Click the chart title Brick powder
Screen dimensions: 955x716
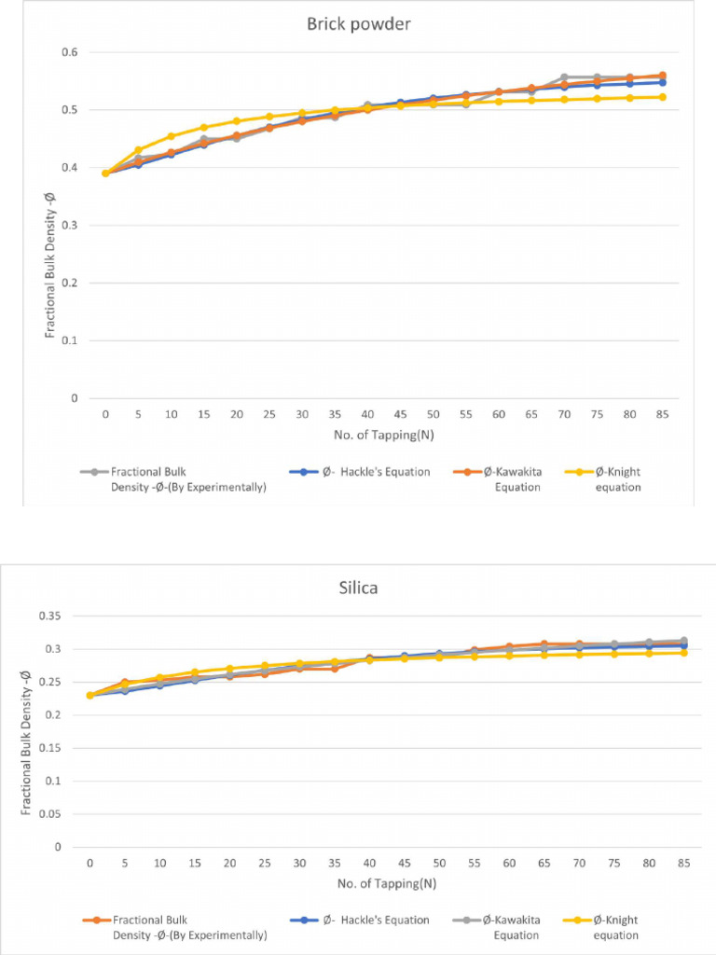(x=359, y=24)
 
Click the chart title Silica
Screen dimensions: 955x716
(x=359, y=589)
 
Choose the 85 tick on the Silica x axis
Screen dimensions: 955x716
(x=683, y=863)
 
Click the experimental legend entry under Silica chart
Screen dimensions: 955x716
(x=169, y=928)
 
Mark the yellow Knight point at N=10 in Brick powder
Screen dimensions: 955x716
(x=171, y=136)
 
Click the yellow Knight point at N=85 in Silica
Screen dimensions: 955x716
(x=683, y=653)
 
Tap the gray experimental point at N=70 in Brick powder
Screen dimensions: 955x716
(x=565, y=77)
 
